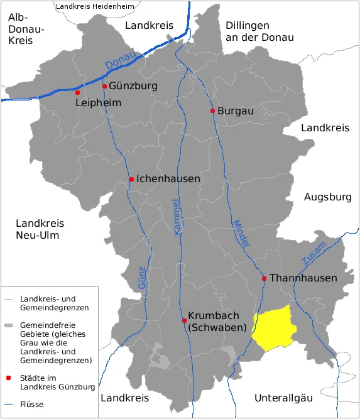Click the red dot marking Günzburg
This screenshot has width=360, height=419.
point(104,86)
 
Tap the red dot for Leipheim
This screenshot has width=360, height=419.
point(78,92)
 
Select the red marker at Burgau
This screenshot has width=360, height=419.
point(212,111)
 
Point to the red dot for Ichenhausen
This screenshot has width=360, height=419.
point(131,180)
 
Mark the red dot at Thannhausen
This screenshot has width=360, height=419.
point(265,278)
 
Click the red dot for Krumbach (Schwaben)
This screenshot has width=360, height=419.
point(184,320)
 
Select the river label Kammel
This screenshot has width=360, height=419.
point(177,218)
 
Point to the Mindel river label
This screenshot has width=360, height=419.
point(241,232)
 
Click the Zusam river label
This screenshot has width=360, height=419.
point(314,253)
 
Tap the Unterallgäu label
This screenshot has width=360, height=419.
point(283,398)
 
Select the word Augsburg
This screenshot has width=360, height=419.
point(327,197)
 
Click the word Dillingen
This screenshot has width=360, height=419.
point(247,25)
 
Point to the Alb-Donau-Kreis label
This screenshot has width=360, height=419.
point(26,29)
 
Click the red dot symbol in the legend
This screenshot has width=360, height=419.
point(8,378)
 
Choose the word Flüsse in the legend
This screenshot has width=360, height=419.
point(32,404)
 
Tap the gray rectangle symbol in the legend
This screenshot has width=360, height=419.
point(8,326)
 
